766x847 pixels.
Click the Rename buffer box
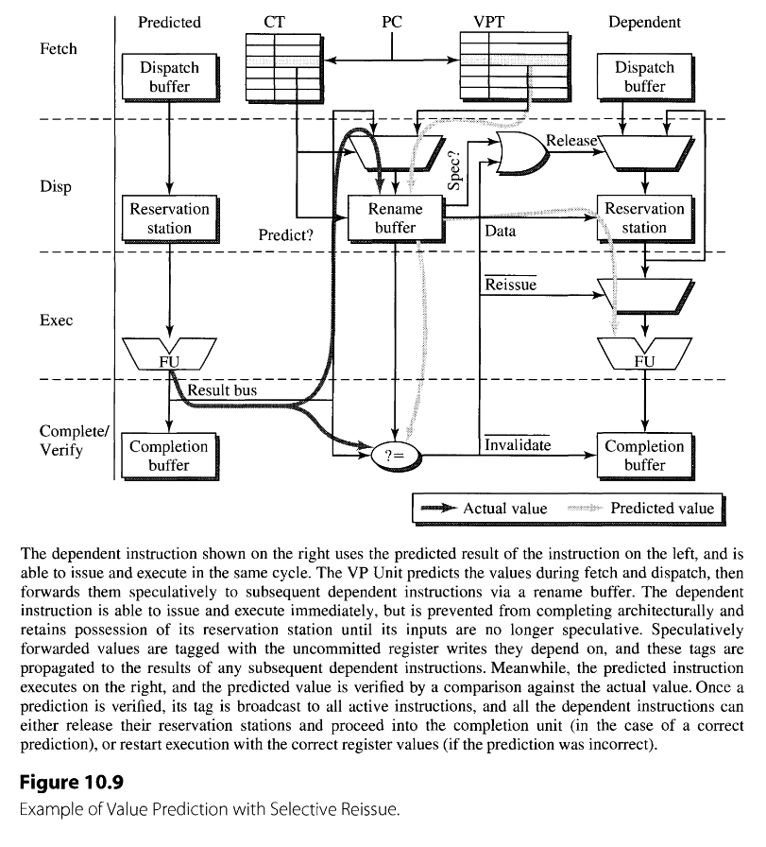(395, 217)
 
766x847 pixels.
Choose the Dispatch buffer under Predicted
(169, 77)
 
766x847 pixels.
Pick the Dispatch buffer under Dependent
(644, 77)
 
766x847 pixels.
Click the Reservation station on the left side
(169, 217)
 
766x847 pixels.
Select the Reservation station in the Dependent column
(644, 217)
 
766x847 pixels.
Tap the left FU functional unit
(169, 355)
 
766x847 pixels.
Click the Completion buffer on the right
(644, 456)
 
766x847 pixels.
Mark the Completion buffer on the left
(169, 456)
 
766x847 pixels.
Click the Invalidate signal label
(518, 444)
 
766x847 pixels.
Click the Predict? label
(285, 235)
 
